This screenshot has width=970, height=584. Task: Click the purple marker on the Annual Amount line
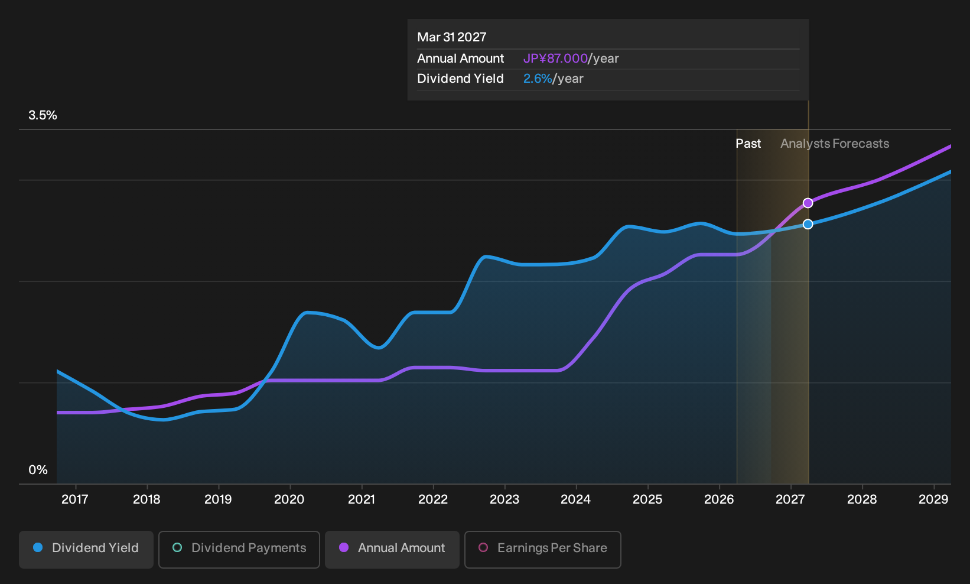[808, 203]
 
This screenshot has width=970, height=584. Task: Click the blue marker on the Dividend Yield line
[808, 224]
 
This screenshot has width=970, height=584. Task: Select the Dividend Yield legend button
[86, 549]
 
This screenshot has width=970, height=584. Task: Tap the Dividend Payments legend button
[239, 549]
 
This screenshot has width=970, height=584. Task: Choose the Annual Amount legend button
[392, 549]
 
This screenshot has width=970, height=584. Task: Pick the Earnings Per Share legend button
[542, 549]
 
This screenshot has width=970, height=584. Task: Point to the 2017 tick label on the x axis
[75, 499]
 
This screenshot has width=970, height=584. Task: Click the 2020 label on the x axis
[289, 499]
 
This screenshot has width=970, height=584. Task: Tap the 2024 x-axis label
[575, 499]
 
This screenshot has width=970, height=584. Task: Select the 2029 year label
[933, 499]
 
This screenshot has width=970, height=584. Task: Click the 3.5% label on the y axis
[43, 115]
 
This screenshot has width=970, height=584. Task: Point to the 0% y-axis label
[38, 470]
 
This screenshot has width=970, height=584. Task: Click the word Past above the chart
[748, 144]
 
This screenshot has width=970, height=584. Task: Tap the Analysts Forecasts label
[835, 144]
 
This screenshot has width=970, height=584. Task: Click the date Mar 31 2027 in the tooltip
[452, 37]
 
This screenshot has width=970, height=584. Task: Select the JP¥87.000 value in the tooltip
[555, 59]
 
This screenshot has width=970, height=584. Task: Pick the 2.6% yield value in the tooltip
[538, 79]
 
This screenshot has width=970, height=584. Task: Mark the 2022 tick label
[432, 499]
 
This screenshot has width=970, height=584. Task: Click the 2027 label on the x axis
[790, 499]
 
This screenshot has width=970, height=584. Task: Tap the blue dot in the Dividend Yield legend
[38, 547]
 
